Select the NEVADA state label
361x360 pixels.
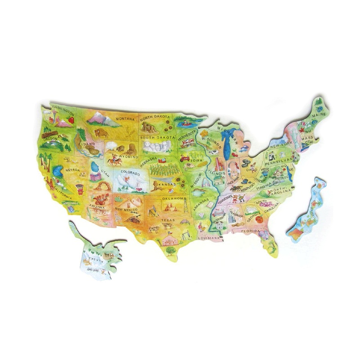(x=72, y=170)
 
